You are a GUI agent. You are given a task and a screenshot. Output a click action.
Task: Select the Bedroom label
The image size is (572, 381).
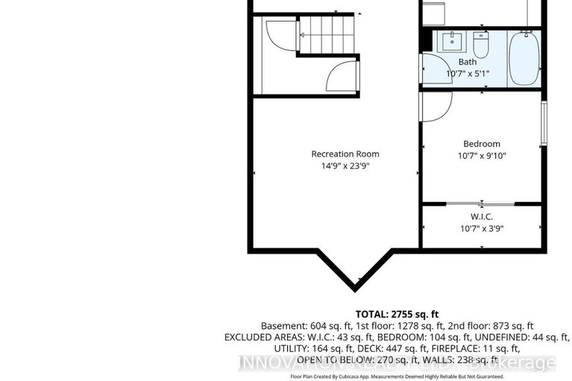pyautogui.click(x=482, y=144)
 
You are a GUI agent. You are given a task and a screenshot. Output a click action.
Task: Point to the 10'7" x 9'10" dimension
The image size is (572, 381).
pyautogui.click(x=482, y=156)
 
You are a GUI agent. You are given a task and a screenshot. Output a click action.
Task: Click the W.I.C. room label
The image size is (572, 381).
pyautogui.click(x=482, y=217)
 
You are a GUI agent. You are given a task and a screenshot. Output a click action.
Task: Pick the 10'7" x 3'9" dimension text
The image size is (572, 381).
pyautogui.click(x=482, y=229)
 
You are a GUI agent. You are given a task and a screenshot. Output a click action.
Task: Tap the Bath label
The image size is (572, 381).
pyautogui.click(x=467, y=62)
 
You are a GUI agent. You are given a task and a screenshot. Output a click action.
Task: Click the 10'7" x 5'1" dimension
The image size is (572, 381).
pyautogui.click(x=467, y=74)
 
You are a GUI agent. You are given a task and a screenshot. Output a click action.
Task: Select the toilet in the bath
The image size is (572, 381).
pyautogui.click(x=482, y=45)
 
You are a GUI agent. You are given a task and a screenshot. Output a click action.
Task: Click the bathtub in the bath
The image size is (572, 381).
pyautogui.click(x=525, y=58)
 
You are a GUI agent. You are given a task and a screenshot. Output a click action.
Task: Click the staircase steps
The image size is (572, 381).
pyautogui.click(x=328, y=35)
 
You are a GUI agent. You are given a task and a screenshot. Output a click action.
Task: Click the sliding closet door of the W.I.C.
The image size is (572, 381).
pyautogui.click(x=482, y=203)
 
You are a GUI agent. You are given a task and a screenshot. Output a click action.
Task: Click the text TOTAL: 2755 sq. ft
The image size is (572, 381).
pyautogui.click(x=397, y=313)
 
